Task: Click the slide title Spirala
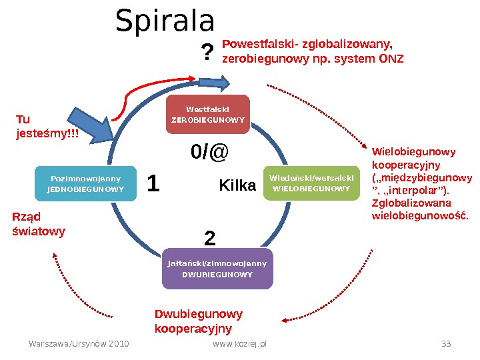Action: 165,21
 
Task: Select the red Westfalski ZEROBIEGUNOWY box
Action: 208,115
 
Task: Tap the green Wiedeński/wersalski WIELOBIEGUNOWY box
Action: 310,183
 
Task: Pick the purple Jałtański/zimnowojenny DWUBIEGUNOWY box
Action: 217,268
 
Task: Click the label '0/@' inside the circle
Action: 209,153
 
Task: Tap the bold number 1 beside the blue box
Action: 153,184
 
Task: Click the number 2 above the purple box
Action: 209,238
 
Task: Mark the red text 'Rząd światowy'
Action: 39,224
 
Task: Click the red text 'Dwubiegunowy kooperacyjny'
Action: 198,321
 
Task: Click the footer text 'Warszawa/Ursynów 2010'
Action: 79,344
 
